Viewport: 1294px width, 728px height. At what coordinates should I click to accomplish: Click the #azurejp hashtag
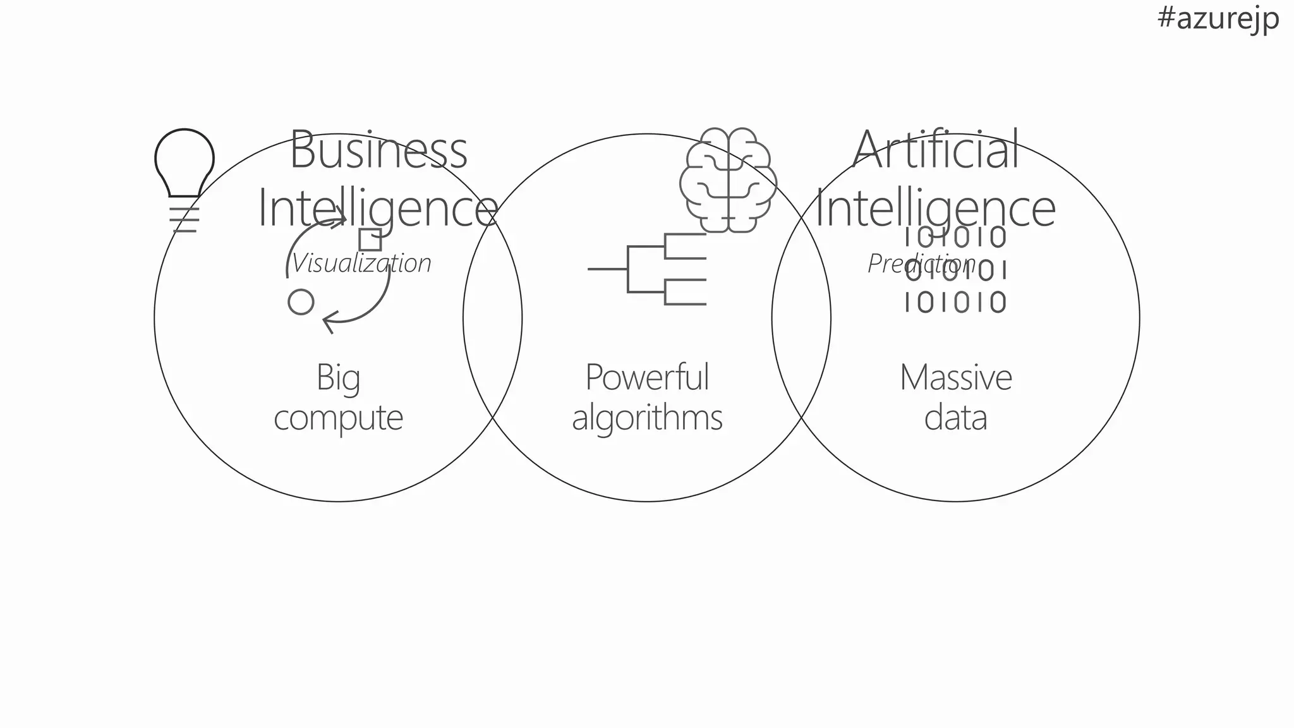tap(1218, 18)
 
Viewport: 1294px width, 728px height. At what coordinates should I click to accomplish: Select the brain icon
tap(729, 180)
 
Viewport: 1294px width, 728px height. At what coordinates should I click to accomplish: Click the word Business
tap(378, 150)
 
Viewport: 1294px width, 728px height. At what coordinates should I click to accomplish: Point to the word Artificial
tap(936, 150)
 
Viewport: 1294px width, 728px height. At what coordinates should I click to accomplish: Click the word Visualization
tap(361, 264)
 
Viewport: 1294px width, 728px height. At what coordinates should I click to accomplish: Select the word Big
tap(338, 378)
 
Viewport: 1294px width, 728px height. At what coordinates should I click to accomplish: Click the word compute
tap(338, 418)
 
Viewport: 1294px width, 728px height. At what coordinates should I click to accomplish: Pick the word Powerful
tap(647, 378)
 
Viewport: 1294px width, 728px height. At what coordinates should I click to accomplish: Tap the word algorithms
tap(647, 418)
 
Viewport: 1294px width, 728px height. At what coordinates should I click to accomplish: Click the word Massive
tap(955, 378)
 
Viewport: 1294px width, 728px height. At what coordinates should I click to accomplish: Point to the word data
tap(955, 418)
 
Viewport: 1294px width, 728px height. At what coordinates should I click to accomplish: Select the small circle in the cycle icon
tap(301, 302)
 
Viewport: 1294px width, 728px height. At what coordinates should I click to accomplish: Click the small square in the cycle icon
tap(370, 240)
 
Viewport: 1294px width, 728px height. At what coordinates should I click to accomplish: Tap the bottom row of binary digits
tap(955, 302)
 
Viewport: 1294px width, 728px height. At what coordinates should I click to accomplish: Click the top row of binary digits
tap(955, 238)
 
